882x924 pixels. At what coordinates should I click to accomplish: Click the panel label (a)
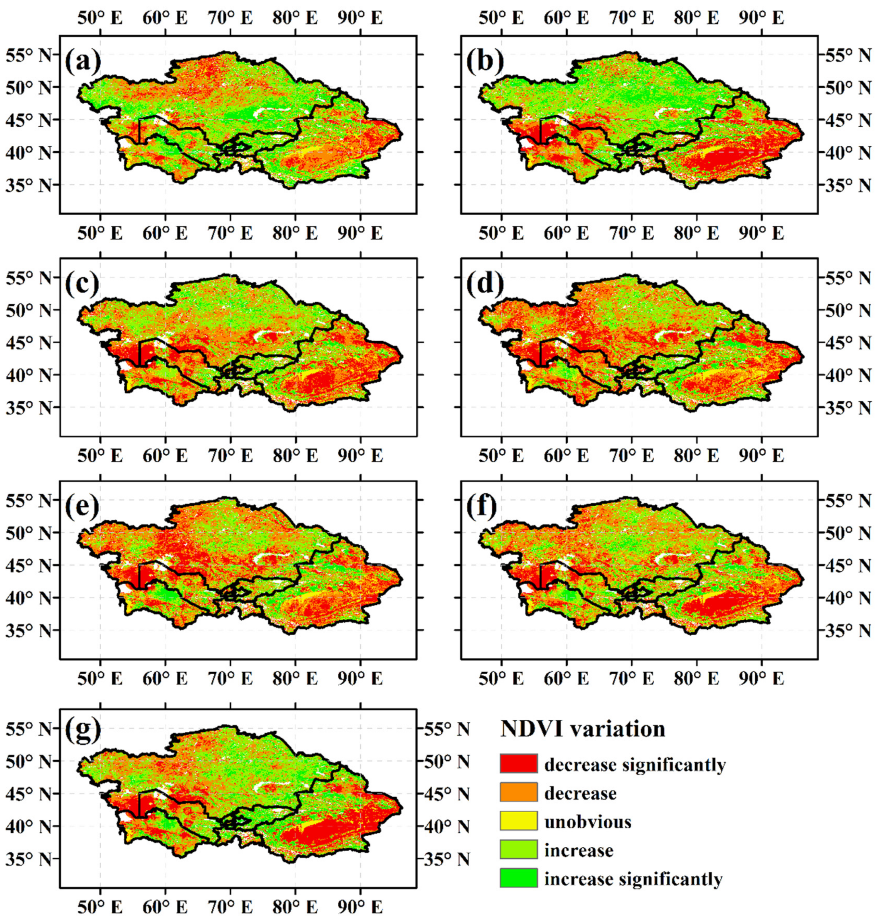point(83,61)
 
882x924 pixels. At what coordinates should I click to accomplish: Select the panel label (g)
point(83,729)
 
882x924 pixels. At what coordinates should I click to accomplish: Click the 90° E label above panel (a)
point(360,18)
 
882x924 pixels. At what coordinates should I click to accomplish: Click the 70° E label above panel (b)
point(631,18)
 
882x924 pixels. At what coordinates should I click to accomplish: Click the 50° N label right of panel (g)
point(447,762)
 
